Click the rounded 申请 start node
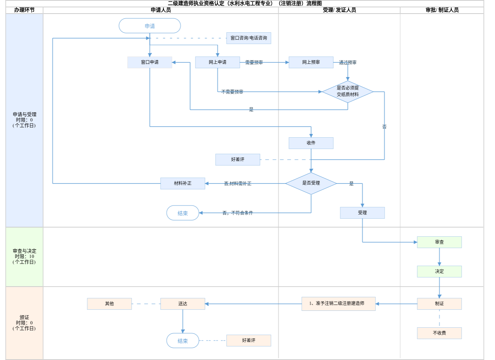coord(150,26)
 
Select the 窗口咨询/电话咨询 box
coord(249,38)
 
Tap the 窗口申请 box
coord(150,62)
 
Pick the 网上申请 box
coord(217,62)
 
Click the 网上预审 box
coord(311,62)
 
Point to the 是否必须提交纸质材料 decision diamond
coord(348,91)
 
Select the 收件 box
coord(311,143)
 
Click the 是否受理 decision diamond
coord(311,183)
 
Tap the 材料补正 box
coord(183,183)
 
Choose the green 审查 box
coord(439,242)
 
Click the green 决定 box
coord(439,272)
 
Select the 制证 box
coord(439,304)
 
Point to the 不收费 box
coord(439,333)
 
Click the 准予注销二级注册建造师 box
coord(338,304)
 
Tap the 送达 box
coord(183,304)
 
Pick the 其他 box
coord(109,304)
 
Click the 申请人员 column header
coord(161,10)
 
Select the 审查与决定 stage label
coord(25,257)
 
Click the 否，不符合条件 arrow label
coord(238,213)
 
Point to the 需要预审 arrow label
coord(254,63)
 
